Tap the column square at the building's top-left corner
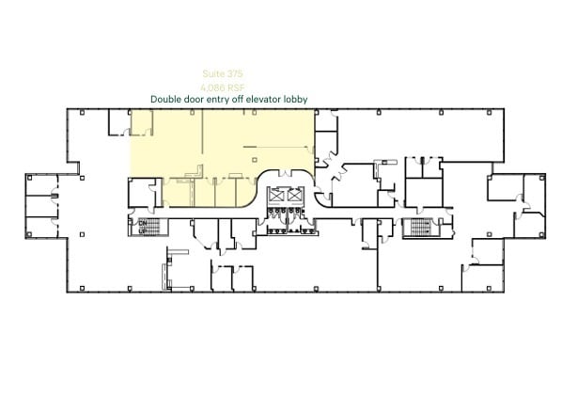click(x=82, y=113)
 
